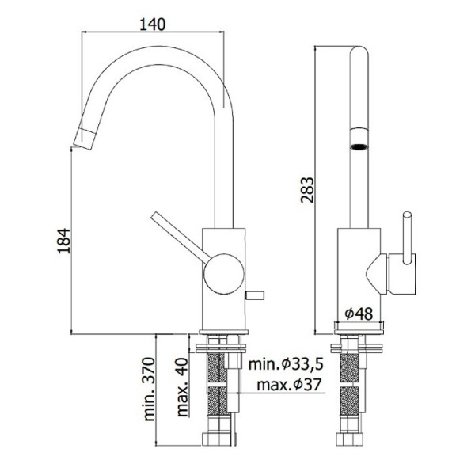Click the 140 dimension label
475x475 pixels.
pos(152,25)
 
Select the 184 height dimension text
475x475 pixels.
pos(64,241)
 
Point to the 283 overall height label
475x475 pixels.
pos(307,190)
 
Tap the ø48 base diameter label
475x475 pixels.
pos(359,313)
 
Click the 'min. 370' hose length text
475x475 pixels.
pos(149,389)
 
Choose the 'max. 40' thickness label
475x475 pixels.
pos(182,387)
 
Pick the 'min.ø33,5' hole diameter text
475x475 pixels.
pos(286,364)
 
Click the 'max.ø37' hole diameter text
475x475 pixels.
pos(288,385)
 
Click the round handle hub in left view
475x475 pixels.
pos(223,274)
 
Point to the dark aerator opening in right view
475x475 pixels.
pos(359,146)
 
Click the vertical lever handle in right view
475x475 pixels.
pos(407,237)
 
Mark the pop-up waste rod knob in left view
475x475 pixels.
pos(255,295)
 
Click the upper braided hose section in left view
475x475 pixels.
pos(217,368)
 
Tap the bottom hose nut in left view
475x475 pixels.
pos(219,439)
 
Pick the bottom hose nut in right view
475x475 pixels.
pos(349,439)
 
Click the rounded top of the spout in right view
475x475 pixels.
pos(359,51)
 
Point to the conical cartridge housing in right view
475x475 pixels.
pos(377,274)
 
